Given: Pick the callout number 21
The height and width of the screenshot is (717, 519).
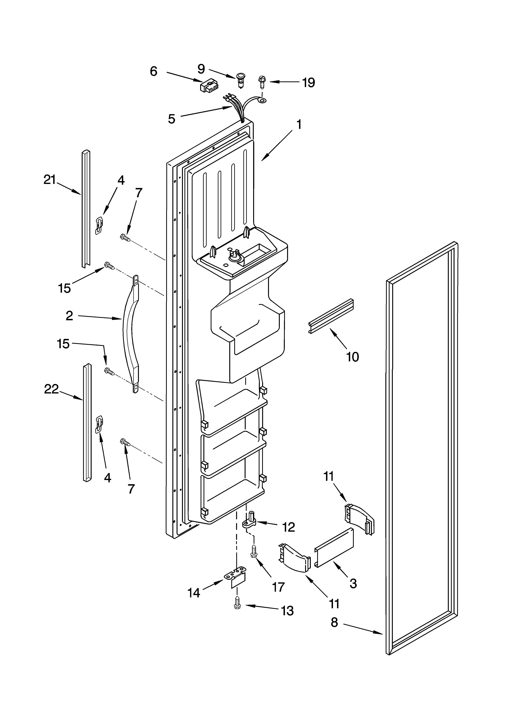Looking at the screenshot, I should tap(50, 180).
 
